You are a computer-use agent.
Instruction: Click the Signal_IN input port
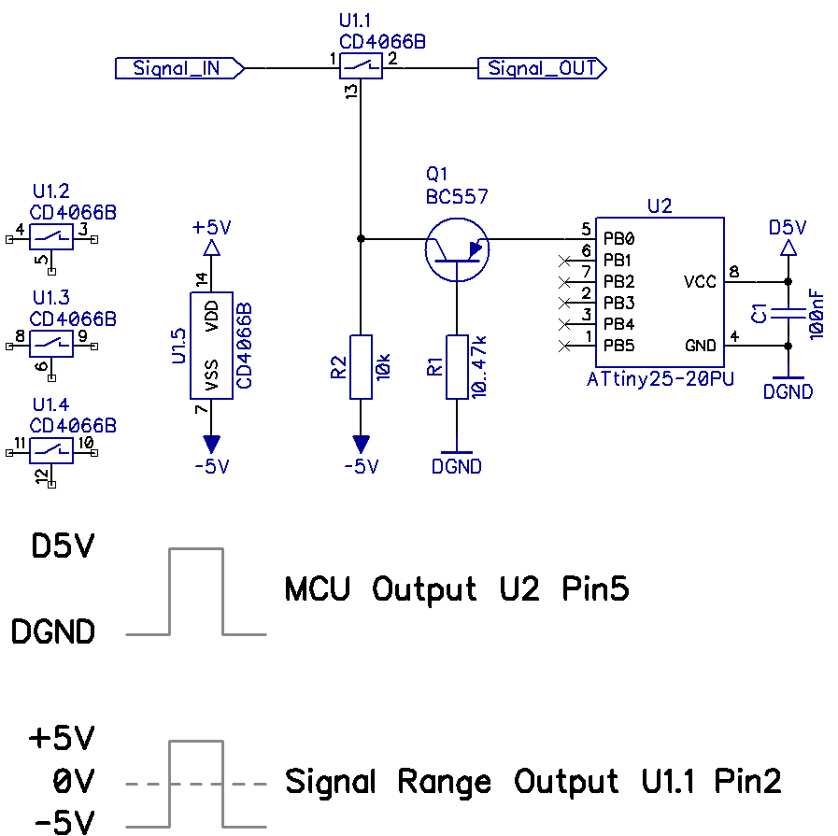[x=179, y=68]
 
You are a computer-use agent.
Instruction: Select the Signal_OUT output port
[x=542, y=68]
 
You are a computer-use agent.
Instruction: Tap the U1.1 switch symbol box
[x=361, y=66]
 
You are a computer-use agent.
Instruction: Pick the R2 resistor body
[x=361, y=367]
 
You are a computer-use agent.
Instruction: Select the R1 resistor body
[x=457, y=367]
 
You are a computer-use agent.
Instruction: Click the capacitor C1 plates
[x=788, y=314]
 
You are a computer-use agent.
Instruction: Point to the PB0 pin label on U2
[x=618, y=239]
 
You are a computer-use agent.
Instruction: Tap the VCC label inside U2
[x=700, y=281]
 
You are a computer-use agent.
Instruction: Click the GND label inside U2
[x=700, y=346]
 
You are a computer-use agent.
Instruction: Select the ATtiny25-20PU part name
[x=660, y=378]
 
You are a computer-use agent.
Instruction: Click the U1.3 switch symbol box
[x=51, y=344]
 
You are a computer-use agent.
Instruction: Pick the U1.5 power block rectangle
[x=212, y=346]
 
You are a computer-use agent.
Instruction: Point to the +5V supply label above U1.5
[x=212, y=228]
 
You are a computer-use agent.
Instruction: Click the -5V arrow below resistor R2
[x=361, y=445]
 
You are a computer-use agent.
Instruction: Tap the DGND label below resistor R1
[x=457, y=466]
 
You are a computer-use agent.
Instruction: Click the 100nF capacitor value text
[x=817, y=314]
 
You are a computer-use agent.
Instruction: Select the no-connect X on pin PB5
[x=564, y=347]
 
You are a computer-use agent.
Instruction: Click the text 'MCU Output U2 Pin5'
[x=457, y=589]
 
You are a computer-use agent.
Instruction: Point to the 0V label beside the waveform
[x=74, y=781]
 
